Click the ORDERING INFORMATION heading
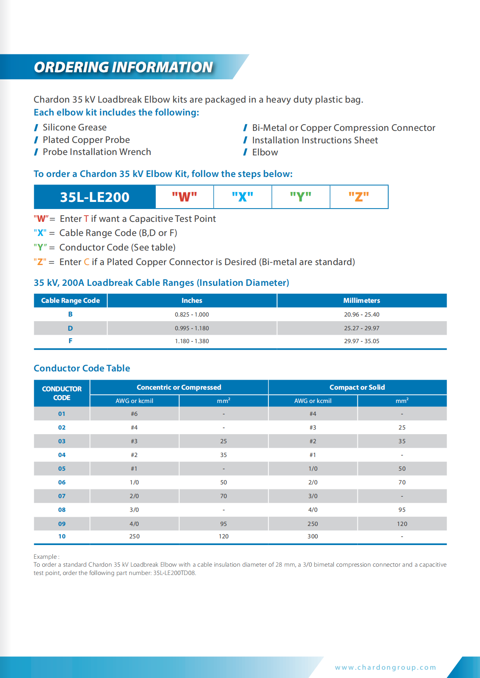coord(123,67)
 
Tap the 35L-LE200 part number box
coord(95,197)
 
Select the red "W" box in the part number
coord(185,197)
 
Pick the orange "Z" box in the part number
coord(359,197)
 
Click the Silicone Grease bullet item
coord(74,128)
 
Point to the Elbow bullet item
coord(265,152)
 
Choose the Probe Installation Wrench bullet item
coord(97,152)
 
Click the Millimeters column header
coord(362,300)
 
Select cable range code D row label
coord(70,328)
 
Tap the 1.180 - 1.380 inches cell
coord(192,341)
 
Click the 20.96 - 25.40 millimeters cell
coord(362,314)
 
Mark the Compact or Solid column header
coord(357,387)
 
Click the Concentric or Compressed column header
coord(179,387)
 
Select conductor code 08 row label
coord(62,510)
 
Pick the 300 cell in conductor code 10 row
coord(313,536)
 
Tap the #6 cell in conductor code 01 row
coord(134,414)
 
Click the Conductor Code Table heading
coord(82,368)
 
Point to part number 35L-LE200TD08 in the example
coord(174,573)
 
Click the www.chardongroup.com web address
coord(385,667)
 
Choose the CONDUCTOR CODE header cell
coord(62,393)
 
